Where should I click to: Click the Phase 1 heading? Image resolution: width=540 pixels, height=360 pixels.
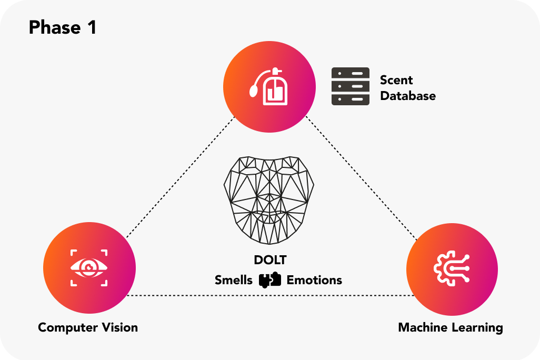(x=63, y=27)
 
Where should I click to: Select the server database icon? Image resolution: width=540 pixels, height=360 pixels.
(x=351, y=86)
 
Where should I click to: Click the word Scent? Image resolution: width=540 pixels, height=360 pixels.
(x=396, y=80)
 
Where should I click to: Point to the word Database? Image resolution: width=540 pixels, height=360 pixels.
(x=408, y=96)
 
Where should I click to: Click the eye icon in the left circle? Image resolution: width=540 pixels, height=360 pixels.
(x=89, y=267)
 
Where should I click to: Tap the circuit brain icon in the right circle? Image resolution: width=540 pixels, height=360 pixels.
(x=452, y=267)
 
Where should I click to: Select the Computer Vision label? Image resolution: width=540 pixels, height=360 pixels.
(x=88, y=327)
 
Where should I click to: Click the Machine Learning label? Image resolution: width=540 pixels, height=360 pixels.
(x=451, y=327)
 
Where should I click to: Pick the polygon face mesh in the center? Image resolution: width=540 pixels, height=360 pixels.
(x=269, y=200)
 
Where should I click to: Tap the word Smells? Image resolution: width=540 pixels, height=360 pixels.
(x=234, y=280)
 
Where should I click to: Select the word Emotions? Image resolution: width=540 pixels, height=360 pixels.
(x=314, y=280)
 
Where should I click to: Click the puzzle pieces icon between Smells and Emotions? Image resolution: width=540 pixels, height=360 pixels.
(x=270, y=280)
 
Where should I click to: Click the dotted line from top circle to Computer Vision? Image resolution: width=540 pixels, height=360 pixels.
(x=179, y=179)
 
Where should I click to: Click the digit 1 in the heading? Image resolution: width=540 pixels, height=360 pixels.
(x=91, y=27)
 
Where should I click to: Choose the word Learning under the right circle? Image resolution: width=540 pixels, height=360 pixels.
(x=479, y=327)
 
